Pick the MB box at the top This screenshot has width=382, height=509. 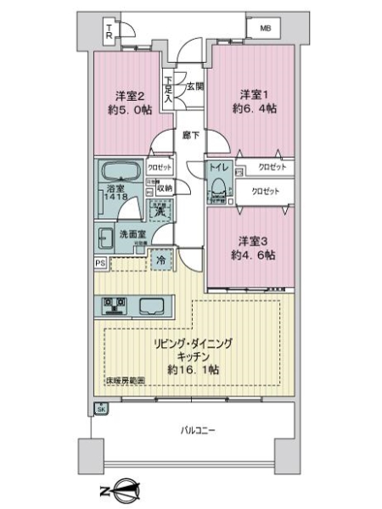tap(266, 29)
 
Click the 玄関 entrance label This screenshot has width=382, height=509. tap(194, 86)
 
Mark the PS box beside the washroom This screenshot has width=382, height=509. tap(99, 263)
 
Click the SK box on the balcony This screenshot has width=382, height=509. tap(101, 410)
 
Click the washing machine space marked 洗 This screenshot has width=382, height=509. tap(158, 210)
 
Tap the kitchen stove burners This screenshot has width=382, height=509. tap(114, 305)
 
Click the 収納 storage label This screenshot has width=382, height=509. tap(162, 187)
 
